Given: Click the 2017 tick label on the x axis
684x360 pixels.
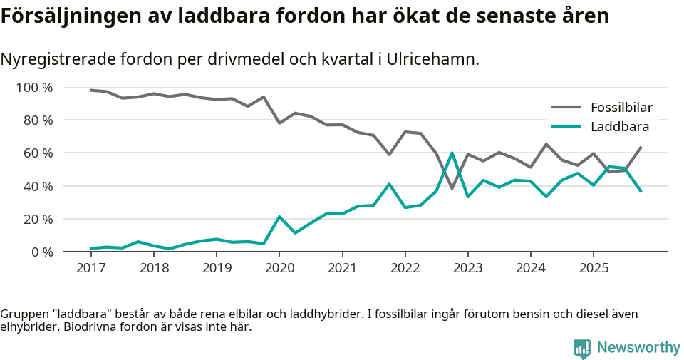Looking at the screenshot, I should (90, 268).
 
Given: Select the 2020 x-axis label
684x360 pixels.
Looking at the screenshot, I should (279, 268).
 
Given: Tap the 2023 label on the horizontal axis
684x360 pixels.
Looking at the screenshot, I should (468, 268).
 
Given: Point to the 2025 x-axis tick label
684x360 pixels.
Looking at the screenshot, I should (594, 268).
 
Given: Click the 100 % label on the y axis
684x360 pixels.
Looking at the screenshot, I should (34, 88).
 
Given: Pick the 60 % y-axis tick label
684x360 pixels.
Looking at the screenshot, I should (37, 153).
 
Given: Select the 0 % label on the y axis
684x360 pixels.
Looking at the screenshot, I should (41, 252).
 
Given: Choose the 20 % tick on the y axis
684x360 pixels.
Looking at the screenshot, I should (37, 219).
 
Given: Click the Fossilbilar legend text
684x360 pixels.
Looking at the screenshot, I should (621, 108).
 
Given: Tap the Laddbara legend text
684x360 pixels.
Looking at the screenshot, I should (620, 127).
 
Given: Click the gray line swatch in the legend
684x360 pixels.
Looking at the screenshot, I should (566, 108).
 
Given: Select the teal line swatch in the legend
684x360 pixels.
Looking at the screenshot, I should (566, 127).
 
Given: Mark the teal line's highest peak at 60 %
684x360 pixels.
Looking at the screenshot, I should (452, 153).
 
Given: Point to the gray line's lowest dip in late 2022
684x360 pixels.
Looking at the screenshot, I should (452, 188).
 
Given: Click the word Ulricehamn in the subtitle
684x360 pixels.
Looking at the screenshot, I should (432, 59).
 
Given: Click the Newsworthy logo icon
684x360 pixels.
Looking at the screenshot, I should (581, 349).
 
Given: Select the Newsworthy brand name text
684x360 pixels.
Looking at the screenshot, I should (638, 348).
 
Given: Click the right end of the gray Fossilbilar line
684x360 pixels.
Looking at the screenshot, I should (641, 148).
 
